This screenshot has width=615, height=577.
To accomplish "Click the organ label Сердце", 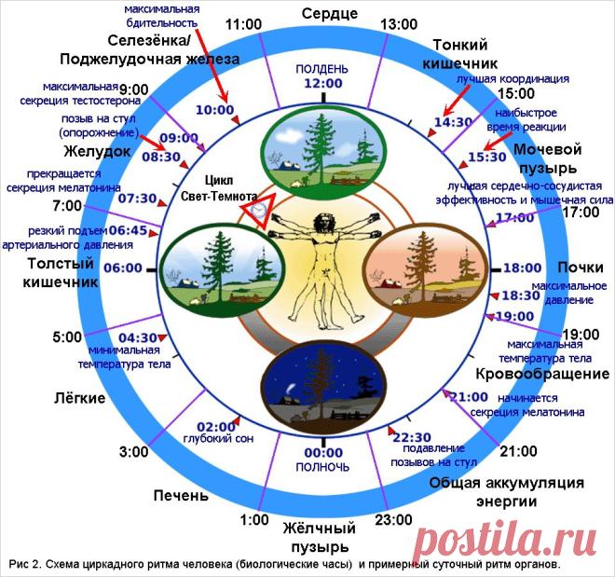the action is (330, 14).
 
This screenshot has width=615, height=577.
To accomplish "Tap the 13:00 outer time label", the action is (399, 24).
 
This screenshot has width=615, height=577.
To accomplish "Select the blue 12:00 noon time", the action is (323, 83).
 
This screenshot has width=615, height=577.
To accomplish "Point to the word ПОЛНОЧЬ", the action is (322, 467).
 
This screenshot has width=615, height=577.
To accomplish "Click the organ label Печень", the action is (181, 495).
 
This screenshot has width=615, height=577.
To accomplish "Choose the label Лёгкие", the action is (79, 398).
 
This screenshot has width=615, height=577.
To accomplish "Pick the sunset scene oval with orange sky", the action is (426, 270).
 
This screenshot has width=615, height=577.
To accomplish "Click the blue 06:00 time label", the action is (123, 268).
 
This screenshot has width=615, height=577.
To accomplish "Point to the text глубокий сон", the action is (218, 438).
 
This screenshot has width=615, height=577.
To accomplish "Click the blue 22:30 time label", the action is (412, 437).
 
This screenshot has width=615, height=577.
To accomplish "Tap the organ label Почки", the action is (581, 268).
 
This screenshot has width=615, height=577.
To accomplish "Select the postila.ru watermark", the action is (505, 542).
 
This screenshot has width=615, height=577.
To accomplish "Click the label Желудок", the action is (97, 151).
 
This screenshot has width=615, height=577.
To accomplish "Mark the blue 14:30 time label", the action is (453, 122).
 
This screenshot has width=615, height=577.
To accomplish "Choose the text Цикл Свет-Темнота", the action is (219, 188).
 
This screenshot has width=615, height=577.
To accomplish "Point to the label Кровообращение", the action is (542, 374).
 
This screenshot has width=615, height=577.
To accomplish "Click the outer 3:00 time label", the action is (134, 452).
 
